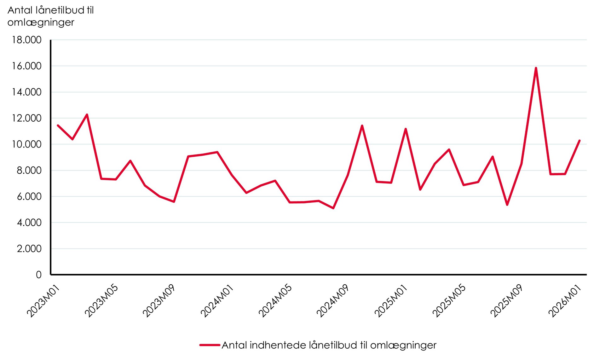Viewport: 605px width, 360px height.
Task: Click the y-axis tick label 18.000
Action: pyautogui.click(x=27, y=40)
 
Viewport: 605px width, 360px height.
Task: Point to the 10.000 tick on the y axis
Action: pyautogui.click(x=27, y=144)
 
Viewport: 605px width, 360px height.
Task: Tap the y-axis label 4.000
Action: pyautogui.click(x=29, y=223)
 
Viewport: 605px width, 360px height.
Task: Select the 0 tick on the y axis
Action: pyautogui.click(x=38, y=275)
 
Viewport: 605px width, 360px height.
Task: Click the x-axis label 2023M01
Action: pyautogui.click(x=43, y=301)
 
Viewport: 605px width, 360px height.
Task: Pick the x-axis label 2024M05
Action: pyautogui.click(x=275, y=301)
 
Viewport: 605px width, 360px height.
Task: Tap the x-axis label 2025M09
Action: pyautogui.click(x=507, y=301)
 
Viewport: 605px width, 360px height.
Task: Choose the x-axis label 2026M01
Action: pyautogui.click(x=565, y=301)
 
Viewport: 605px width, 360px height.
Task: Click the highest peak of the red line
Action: pyautogui.click(x=536, y=68)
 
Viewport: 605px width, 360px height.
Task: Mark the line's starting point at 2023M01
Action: pyautogui.click(x=58, y=125)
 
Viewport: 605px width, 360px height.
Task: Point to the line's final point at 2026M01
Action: pyautogui.click(x=579, y=141)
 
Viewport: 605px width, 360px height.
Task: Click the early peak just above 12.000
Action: pyautogui.click(x=87, y=114)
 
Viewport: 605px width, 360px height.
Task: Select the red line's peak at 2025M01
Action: pyautogui.click(x=406, y=129)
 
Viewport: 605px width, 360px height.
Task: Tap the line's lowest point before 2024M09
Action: pyautogui.click(x=333, y=208)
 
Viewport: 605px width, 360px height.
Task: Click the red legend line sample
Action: pyautogui.click(x=210, y=345)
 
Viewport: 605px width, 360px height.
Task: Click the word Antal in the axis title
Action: pyautogui.click(x=20, y=10)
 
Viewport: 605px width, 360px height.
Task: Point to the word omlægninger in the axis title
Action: pyautogui.click(x=41, y=22)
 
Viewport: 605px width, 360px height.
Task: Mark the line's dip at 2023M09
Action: pyautogui.click(x=174, y=201)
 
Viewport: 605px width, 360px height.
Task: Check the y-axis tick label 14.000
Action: pyautogui.click(x=27, y=92)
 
